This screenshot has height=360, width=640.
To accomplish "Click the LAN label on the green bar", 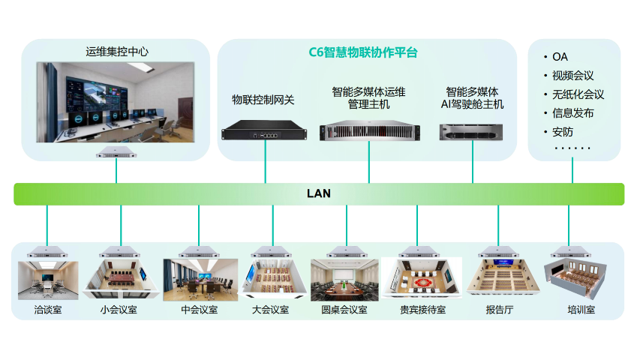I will (x=318, y=193).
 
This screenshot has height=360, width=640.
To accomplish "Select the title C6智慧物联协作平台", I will (x=363, y=52).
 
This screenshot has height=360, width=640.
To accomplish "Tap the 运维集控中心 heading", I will (x=117, y=52).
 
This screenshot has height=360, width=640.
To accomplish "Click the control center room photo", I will (x=116, y=102).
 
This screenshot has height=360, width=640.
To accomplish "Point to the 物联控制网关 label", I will (x=263, y=99).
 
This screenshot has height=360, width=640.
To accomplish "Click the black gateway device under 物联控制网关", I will (x=266, y=133).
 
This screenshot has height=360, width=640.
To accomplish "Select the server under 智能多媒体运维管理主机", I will (x=368, y=133).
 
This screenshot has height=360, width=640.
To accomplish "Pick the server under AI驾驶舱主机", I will (x=472, y=131).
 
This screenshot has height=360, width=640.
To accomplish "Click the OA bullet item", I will (x=560, y=57).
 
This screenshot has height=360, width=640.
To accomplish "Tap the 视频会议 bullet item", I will (x=572, y=76).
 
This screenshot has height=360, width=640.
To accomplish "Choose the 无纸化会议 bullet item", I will (x=578, y=94).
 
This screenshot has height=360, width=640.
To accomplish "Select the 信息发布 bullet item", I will (x=572, y=113).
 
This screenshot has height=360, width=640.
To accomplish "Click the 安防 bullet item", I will (x=562, y=132).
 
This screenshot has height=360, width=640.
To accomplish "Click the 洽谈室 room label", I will (x=47, y=309).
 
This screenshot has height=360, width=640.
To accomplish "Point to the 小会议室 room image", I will (x=120, y=279).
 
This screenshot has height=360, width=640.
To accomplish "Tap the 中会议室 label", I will (x=200, y=309).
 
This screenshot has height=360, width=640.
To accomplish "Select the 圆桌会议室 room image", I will (x=344, y=280).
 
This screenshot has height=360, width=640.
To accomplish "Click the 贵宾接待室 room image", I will (x=422, y=279).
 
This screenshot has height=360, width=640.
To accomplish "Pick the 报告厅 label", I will (x=500, y=309).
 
